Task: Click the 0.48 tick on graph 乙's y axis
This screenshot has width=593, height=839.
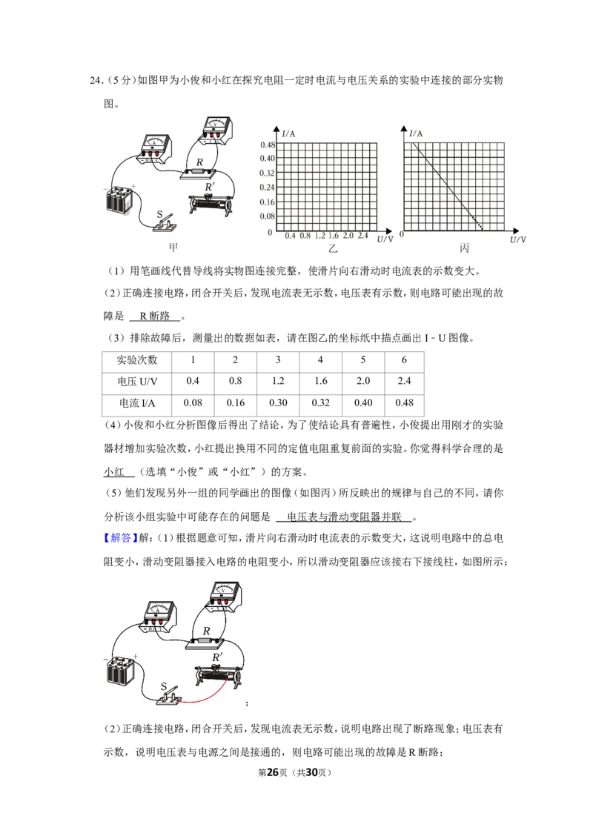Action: click(x=268, y=145)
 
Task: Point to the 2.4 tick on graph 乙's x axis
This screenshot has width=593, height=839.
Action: click(x=363, y=236)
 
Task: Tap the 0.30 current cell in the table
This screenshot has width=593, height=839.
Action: click(x=278, y=403)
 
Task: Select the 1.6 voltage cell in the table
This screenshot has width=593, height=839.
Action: click(x=320, y=381)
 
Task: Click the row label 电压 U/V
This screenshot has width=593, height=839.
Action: click(x=137, y=382)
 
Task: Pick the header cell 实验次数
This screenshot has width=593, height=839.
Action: click(x=137, y=360)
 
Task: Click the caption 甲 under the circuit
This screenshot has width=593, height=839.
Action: click(x=173, y=248)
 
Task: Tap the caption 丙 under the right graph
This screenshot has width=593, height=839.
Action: click(x=464, y=248)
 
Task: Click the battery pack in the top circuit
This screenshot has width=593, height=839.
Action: click(x=119, y=200)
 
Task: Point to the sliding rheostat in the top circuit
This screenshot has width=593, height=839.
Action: click(x=211, y=205)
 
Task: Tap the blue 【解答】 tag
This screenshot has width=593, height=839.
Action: click(x=120, y=538)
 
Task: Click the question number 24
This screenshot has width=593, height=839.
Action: click(x=96, y=80)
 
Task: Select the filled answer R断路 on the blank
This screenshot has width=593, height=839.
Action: click(x=155, y=316)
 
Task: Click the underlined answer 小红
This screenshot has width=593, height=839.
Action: click(x=113, y=472)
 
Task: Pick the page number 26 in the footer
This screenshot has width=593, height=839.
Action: click(x=273, y=772)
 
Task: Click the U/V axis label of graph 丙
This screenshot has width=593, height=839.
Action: click(x=517, y=239)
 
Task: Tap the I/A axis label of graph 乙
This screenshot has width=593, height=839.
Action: click(x=288, y=133)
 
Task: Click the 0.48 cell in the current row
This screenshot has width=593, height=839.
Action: click(x=404, y=403)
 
